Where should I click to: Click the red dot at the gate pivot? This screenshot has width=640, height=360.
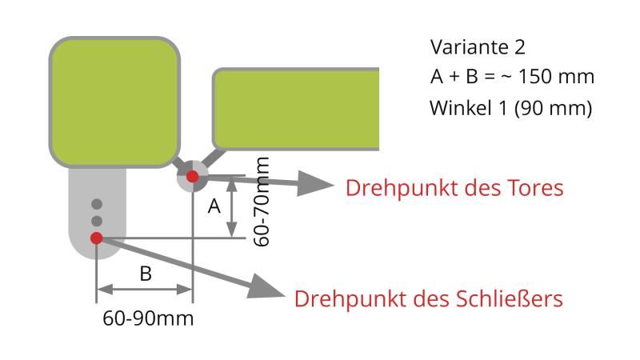click(x=192, y=176)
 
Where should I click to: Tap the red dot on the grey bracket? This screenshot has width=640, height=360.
click(x=96, y=238)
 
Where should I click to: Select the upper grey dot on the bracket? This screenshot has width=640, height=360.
click(x=97, y=204)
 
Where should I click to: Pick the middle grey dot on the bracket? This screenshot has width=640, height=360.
click(x=97, y=221)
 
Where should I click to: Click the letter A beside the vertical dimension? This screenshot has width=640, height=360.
click(x=214, y=206)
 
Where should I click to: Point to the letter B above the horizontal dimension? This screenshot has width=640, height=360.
click(x=146, y=274)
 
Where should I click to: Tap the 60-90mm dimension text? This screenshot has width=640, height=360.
click(x=148, y=318)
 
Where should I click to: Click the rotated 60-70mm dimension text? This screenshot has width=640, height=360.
click(x=262, y=202)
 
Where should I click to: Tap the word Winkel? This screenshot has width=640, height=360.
click(x=461, y=108)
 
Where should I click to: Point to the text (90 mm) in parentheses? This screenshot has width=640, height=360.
click(x=553, y=108)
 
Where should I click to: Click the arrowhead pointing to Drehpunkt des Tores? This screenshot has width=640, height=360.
click(x=315, y=184)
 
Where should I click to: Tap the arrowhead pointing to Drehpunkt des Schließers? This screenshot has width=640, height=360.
click(x=266, y=286)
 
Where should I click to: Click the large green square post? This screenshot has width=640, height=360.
click(x=114, y=102)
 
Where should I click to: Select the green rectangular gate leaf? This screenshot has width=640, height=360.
click(x=296, y=109)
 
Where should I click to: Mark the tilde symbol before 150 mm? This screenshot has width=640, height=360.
click(x=506, y=77)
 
